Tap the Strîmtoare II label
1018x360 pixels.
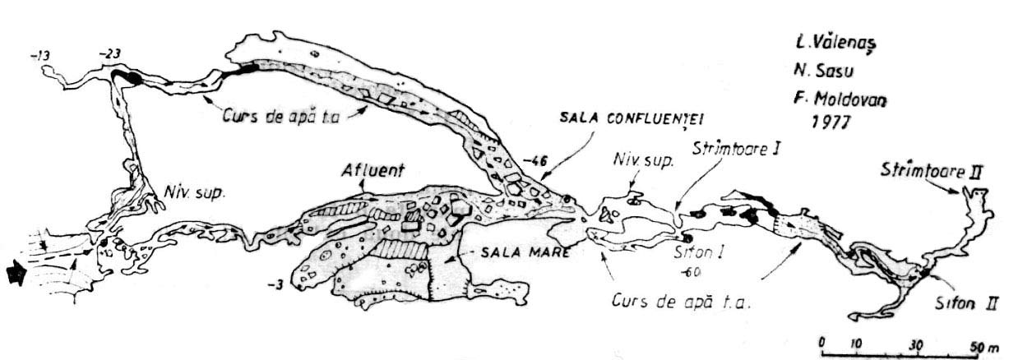932,173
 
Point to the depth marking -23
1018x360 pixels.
109,54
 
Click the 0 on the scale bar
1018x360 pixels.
822,341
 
